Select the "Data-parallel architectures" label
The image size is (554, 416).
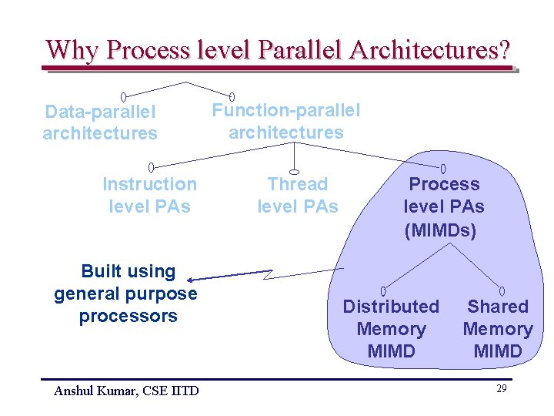pos(100,122)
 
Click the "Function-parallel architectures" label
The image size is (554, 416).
pos(286,121)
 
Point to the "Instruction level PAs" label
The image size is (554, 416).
pos(149,195)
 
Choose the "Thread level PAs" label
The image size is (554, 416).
pos(297,195)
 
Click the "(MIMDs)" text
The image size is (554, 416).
pos(440,230)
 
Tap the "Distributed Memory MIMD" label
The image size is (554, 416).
pos(391,329)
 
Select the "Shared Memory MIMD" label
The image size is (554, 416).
pos(498,329)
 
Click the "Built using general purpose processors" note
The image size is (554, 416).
pos(126,294)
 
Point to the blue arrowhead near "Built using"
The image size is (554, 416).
pos(192,280)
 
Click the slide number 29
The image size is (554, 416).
pos(501,389)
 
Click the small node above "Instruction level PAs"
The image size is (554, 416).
pos(152,166)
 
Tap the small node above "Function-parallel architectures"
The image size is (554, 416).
pos(232,96)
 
